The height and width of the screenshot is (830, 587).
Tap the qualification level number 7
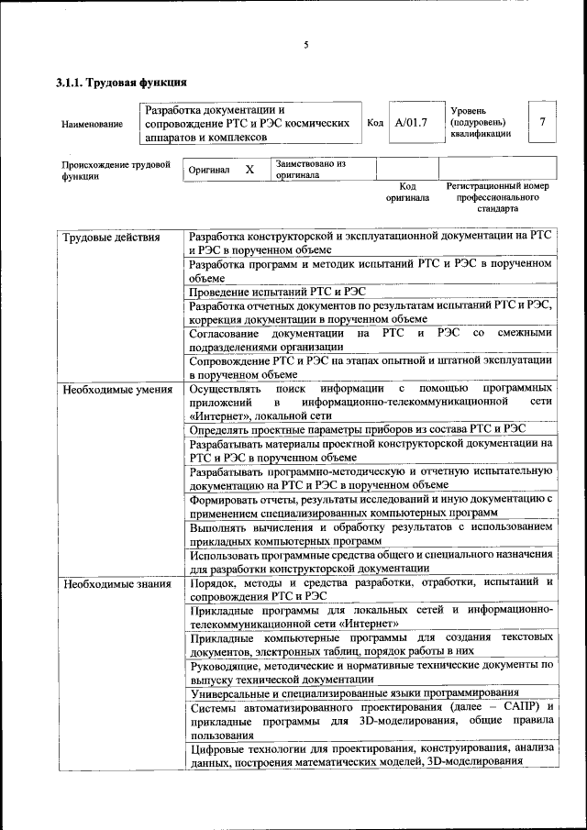pos(543,122)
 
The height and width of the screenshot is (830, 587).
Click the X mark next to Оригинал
pos(249,170)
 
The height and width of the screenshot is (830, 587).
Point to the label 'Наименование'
pos(92,124)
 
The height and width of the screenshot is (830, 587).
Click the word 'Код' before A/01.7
pos(374,122)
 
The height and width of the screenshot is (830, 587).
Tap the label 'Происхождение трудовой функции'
pos(116,171)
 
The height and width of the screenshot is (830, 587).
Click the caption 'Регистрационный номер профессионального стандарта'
pos(497,196)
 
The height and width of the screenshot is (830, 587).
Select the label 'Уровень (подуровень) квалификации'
pos(481,122)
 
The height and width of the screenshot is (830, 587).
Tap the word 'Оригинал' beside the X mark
pos(209,171)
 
